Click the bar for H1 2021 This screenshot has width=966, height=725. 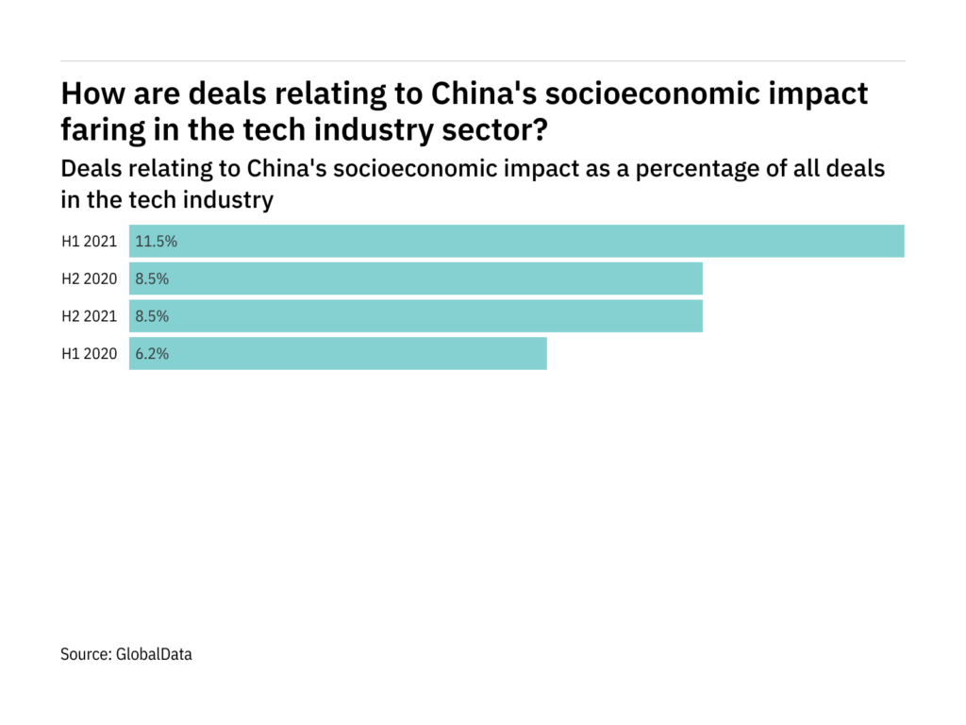click(x=517, y=241)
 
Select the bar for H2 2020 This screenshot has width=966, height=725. click(x=416, y=278)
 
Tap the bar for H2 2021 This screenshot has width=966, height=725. click(x=416, y=316)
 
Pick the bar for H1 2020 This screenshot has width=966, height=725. click(x=338, y=354)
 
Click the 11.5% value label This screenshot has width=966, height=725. click(x=157, y=241)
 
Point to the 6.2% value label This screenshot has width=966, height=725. click(x=153, y=354)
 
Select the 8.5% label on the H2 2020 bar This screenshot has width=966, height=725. click(x=153, y=278)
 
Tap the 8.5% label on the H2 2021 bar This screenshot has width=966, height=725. click(x=153, y=316)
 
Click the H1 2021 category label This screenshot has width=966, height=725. click(x=89, y=241)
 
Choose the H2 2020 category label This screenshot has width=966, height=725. click(x=89, y=278)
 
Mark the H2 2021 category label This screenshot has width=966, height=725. click(x=89, y=316)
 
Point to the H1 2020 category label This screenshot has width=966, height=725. click(x=89, y=354)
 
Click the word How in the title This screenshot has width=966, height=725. click(x=90, y=94)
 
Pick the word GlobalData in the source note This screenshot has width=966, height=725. click(x=154, y=653)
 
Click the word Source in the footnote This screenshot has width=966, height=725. click(x=86, y=653)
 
